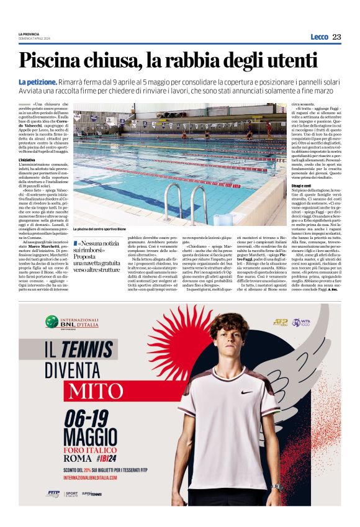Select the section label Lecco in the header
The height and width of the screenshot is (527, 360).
(319, 37)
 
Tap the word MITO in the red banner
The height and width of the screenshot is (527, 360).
(89, 391)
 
